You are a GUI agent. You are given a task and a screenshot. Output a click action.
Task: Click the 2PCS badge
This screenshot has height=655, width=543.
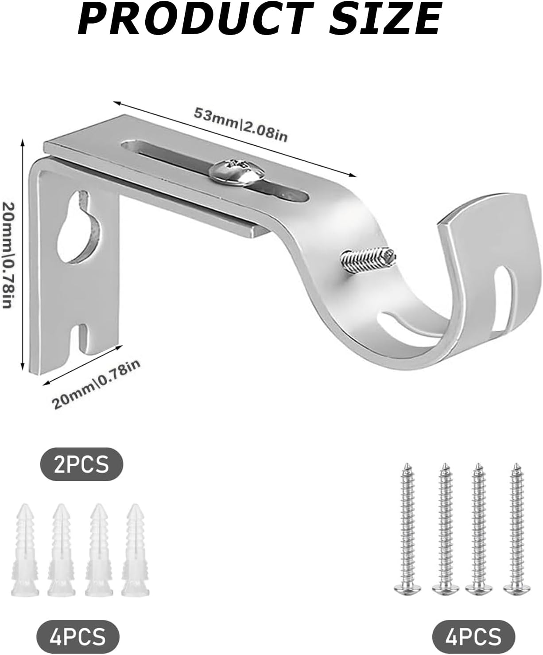tap(81, 465)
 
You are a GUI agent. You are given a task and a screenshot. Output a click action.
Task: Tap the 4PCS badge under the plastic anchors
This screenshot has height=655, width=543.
tap(78, 636)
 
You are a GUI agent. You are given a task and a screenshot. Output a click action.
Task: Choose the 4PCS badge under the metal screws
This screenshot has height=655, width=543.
tap(474, 636)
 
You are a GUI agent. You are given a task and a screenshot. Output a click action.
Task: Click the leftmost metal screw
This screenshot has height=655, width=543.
tap(406, 530)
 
